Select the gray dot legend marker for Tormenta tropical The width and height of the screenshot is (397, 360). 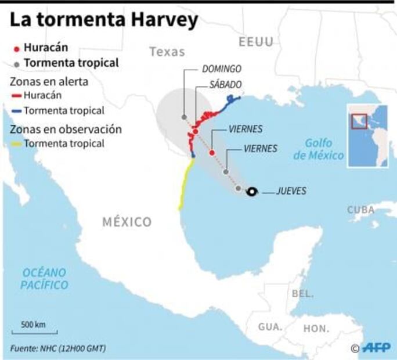[17, 63]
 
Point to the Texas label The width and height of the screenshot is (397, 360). [167, 52]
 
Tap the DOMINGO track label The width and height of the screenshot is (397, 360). [221, 69]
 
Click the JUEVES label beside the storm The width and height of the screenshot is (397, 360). [291, 191]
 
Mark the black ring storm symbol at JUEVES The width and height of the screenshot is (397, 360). [251, 192]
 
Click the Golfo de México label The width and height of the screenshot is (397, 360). [319, 149]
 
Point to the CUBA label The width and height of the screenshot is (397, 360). [361, 210]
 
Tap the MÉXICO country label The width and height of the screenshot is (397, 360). [127, 221]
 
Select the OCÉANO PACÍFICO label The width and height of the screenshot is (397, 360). [44, 279]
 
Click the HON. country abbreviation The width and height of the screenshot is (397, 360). [316, 328]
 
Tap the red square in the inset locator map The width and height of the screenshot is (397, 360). [359, 119]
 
